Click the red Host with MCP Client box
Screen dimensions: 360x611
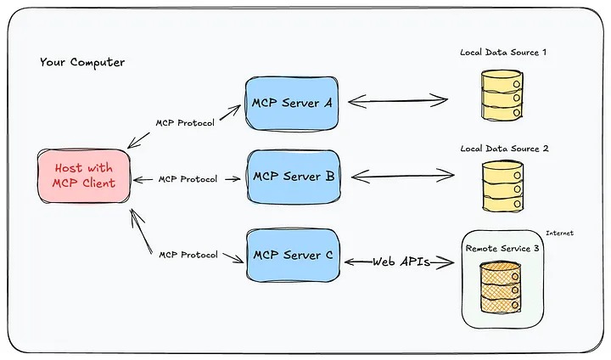pos(83,176)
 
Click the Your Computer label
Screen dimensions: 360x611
pos(81,62)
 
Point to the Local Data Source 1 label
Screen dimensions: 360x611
pos(503,53)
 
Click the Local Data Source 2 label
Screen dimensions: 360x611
pos(504,149)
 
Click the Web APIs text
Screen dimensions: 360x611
pos(401,262)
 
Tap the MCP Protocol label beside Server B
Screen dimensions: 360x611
pos(187,179)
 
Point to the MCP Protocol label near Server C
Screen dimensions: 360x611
pos(188,255)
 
